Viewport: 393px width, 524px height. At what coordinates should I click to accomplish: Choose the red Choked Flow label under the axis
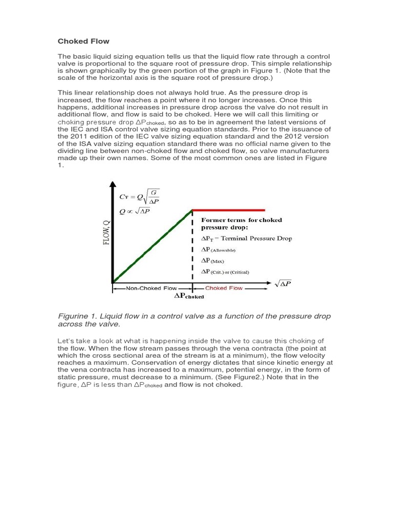pyautogui.click(x=224, y=288)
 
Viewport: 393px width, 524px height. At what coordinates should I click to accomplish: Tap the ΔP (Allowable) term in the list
pyautogui.click(x=219, y=250)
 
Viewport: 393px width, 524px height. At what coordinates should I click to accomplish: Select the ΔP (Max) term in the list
pyautogui.click(x=213, y=261)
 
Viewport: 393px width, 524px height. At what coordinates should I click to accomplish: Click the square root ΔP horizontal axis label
pyautogui.click(x=283, y=283)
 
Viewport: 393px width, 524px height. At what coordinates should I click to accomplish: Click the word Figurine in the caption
pyautogui.click(x=74, y=316)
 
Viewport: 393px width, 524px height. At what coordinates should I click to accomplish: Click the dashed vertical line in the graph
pyautogui.click(x=192, y=246)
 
